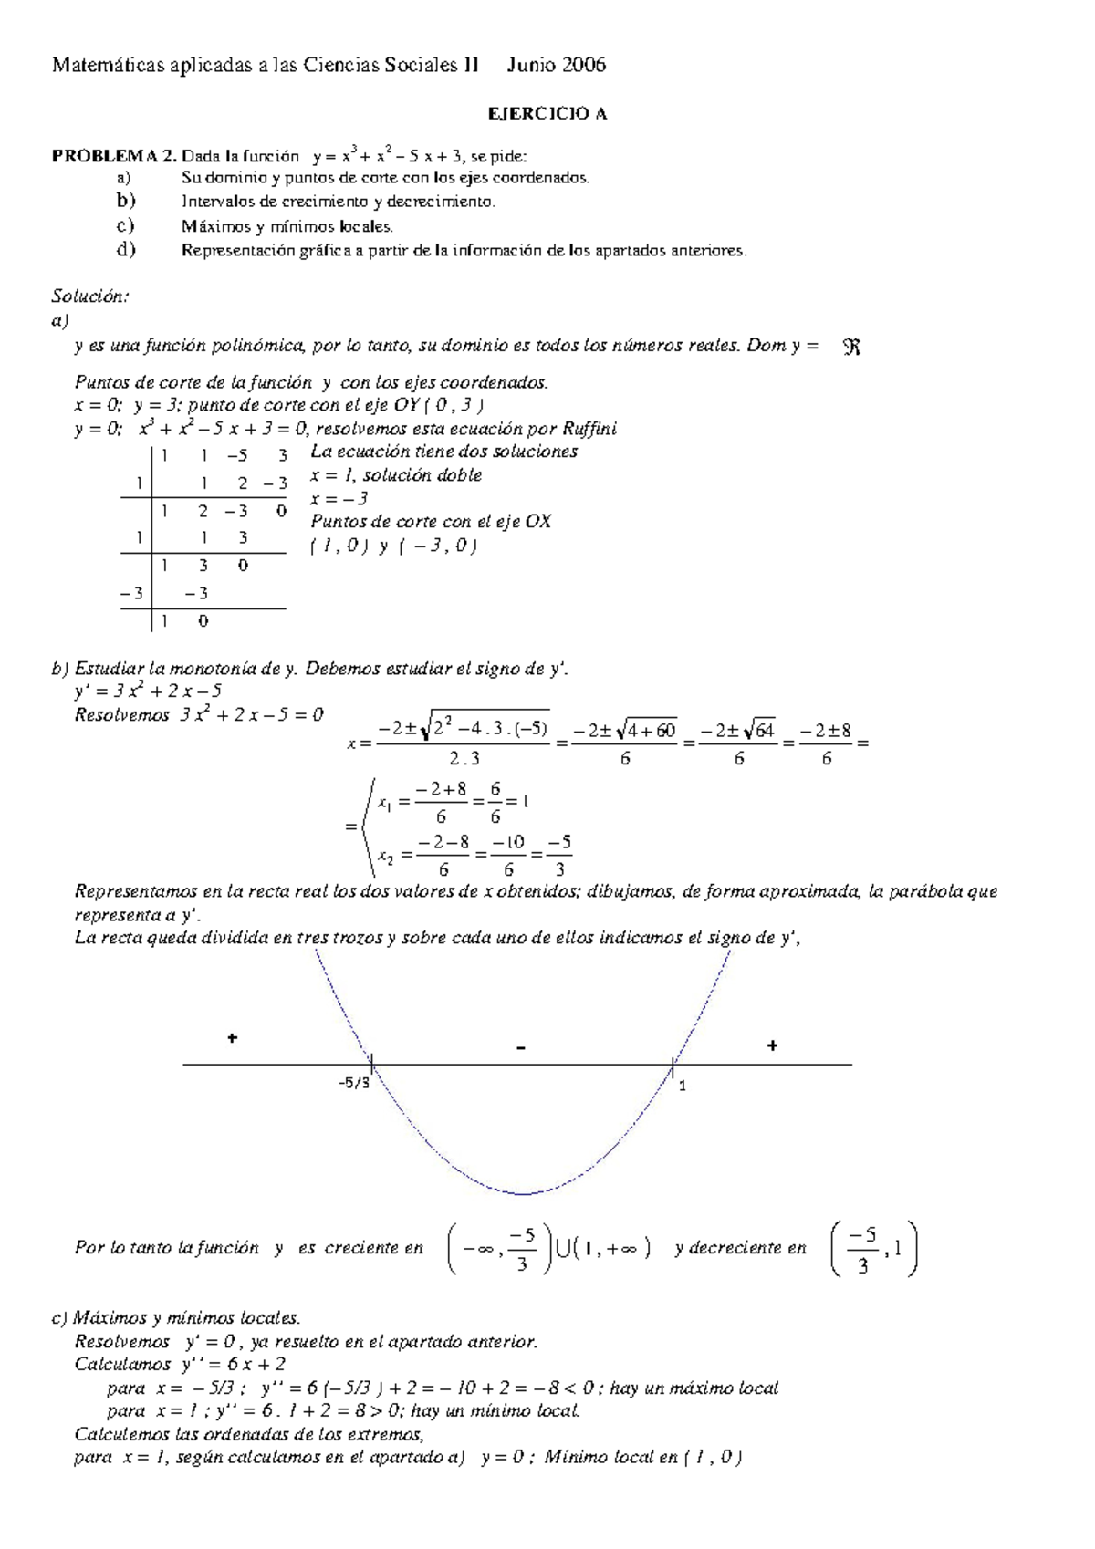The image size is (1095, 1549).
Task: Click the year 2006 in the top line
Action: tap(579, 65)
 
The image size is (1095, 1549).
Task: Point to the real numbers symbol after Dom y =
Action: tap(852, 347)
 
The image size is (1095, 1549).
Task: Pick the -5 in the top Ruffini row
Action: tap(238, 454)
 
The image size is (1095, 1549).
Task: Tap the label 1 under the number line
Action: tap(682, 1085)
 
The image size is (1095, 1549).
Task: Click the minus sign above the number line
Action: tap(521, 1048)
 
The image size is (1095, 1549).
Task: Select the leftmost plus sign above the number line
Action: tap(233, 1038)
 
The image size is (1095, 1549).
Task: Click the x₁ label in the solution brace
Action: tap(384, 804)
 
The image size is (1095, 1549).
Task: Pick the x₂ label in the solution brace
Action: tap(386, 857)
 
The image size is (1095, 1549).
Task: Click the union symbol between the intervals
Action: tap(563, 1248)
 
